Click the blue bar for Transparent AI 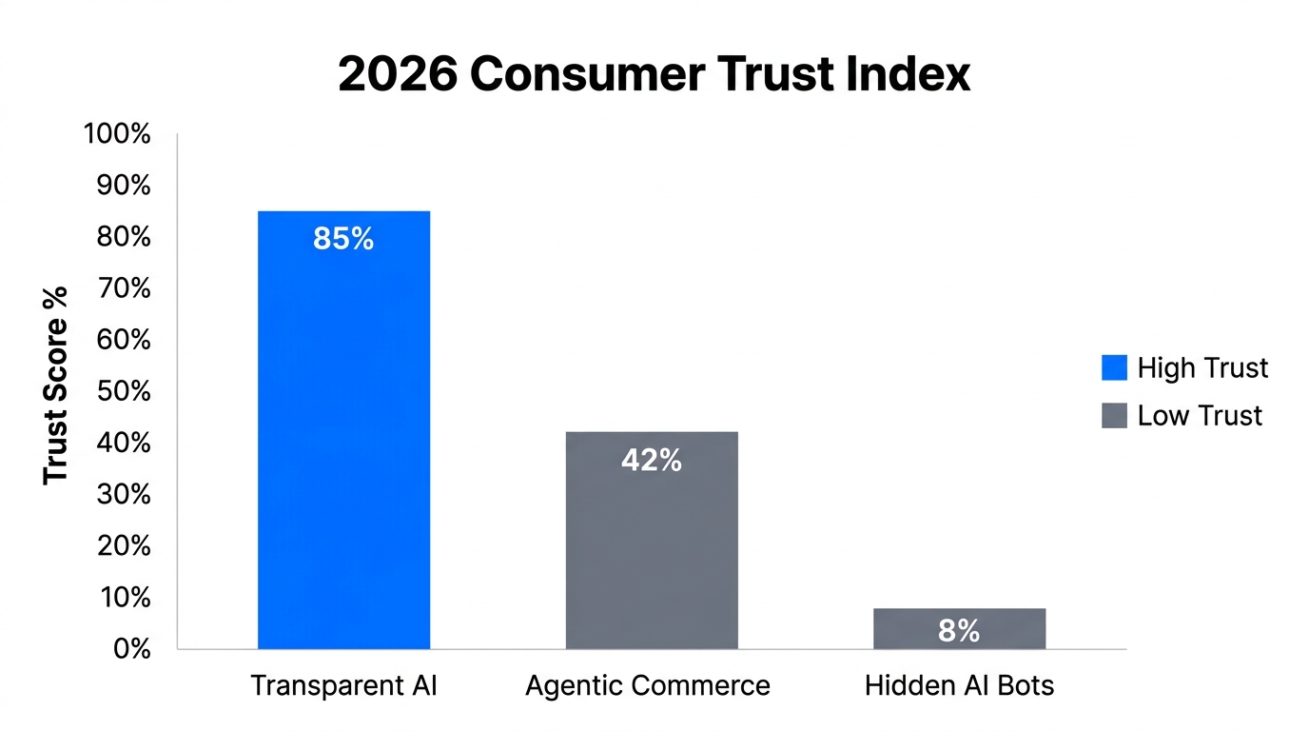(x=343, y=428)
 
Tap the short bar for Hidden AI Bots (x=959, y=628)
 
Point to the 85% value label (x=343, y=239)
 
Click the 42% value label (x=652, y=461)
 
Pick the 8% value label (x=959, y=630)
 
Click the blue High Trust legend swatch (x=1114, y=367)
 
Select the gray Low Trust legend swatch (x=1114, y=415)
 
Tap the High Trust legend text (x=1202, y=367)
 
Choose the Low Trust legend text (x=1200, y=415)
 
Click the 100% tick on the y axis (x=117, y=134)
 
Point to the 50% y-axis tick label (x=123, y=391)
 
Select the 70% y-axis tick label (x=123, y=288)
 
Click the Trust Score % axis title (x=56, y=385)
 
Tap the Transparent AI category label (x=343, y=685)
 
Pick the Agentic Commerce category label (x=648, y=685)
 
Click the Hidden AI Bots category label (x=959, y=685)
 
